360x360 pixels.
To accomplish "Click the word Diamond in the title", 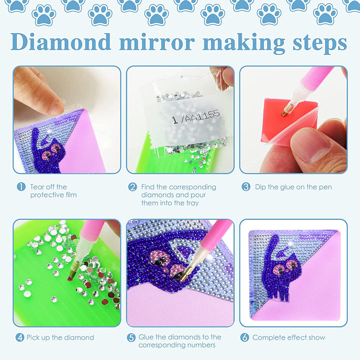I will pyautogui.click(x=61, y=42).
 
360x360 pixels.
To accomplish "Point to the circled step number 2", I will pyautogui.click(x=133, y=187).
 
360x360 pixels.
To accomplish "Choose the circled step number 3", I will pyautogui.click(x=246, y=187).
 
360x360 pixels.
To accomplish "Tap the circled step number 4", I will pyautogui.click(x=20, y=337).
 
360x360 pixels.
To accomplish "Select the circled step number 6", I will pyautogui.click(x=245, y=337).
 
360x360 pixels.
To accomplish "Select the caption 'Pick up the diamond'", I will pyautogui.click(x=60, y=337).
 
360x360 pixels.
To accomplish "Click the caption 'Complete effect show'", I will pyautogui.click(x=288, y=337).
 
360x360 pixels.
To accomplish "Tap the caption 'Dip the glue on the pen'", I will pyautogui.click(x=293, y=187).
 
